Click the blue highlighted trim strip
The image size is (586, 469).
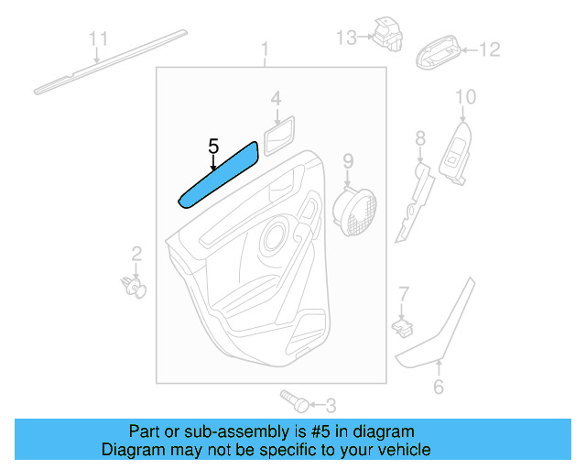point(217,174)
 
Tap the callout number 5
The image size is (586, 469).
point(213,146)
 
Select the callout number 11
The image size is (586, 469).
point(98,38)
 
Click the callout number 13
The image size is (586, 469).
point(346,38)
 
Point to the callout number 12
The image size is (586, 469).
point(491,49)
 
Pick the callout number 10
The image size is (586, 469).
point(465,96)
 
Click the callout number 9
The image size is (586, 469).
point(348,162)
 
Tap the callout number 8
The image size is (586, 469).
point(420,139)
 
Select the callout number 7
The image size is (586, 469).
point(402,293)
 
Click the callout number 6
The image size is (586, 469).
point(438,387)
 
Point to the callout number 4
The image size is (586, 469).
point(276,97)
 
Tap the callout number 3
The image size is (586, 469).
point(331,404)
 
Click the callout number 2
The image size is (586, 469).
point(136,254)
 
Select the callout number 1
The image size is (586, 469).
point(266,49)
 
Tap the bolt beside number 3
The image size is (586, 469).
point(293,401)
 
